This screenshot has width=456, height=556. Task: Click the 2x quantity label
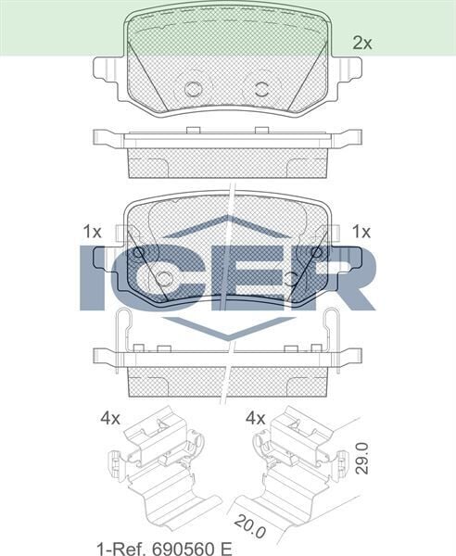361,43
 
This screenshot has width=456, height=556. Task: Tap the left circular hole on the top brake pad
194,89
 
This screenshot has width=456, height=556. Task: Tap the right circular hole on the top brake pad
261,89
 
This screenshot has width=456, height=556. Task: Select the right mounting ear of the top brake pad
348,70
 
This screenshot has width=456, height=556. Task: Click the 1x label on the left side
92,232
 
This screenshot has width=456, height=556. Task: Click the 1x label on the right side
361,232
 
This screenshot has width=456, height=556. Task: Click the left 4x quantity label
110,418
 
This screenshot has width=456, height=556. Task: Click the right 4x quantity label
255,418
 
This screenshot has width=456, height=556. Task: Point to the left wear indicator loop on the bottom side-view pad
123,329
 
